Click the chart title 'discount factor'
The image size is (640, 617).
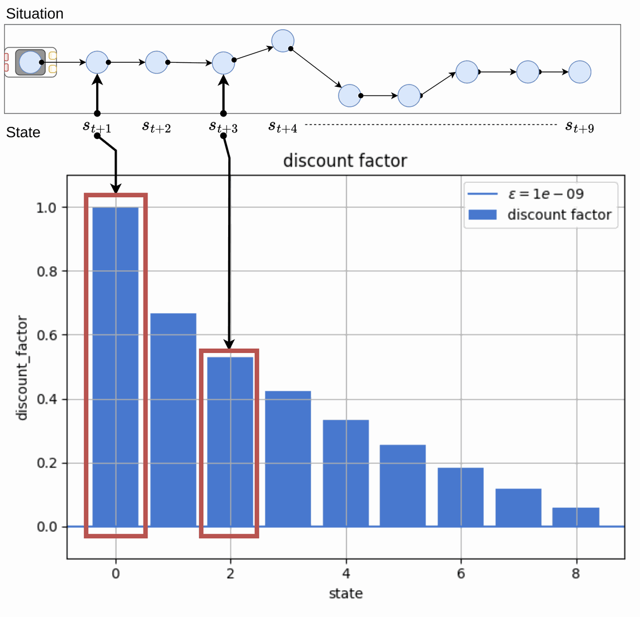tap(345, 161)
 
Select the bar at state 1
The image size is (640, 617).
tap(173, 419)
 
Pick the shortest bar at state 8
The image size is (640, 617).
tap(576, 516)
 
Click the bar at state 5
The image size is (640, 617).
tap(403, 485)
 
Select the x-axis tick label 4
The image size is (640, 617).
tap(345, 574)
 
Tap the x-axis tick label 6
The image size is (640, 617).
tap(460, 574)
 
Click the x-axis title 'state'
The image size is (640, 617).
tap(345, 594)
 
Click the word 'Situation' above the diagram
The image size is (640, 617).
tap(35, 14)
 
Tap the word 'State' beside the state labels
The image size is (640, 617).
tap(23, 133)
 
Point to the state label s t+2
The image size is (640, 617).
tap(156, 126)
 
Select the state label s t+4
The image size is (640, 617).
tap(283, 126)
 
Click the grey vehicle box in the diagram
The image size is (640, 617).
tap(30, 62)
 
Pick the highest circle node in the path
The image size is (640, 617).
tap(283, 41)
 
